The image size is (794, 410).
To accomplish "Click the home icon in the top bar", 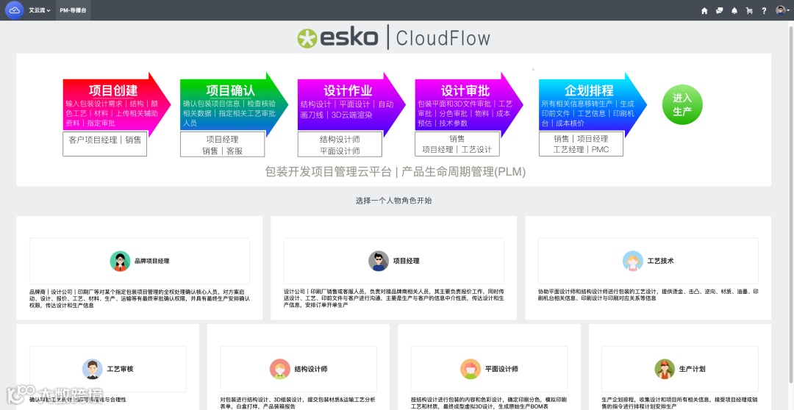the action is [x=704, y=10].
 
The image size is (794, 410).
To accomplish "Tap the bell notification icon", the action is [x=734, y=10].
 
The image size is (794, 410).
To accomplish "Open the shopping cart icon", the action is [x=749, y=10].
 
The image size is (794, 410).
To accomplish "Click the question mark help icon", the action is [x=764, y=10].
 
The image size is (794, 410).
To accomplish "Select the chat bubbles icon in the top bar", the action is [x=720, y=10].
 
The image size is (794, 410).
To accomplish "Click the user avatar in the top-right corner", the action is [x=780, y=10].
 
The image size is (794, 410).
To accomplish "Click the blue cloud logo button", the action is [x=14, y=10].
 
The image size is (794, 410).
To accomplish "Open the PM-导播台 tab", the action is [x=73, y=10].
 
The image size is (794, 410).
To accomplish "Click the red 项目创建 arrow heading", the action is [x=113, y=90].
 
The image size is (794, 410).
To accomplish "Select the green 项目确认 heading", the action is [x=230, y=90].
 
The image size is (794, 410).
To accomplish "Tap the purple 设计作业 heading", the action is [x=348, y=90].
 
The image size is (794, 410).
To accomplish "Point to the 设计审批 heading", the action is [x=465, y=90].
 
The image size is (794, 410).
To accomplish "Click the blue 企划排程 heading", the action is [x=589, y=90].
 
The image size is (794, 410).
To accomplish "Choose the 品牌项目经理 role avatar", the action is [x=121, y=261].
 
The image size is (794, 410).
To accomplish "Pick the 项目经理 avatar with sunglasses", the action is [x=379, y=261].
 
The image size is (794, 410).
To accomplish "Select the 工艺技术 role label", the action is [x=660, y=261].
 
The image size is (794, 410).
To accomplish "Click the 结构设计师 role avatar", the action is [x=280, y=369].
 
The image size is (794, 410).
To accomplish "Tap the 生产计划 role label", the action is [x=692, y=369].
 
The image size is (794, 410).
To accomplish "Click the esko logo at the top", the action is [x=339, y=37].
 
